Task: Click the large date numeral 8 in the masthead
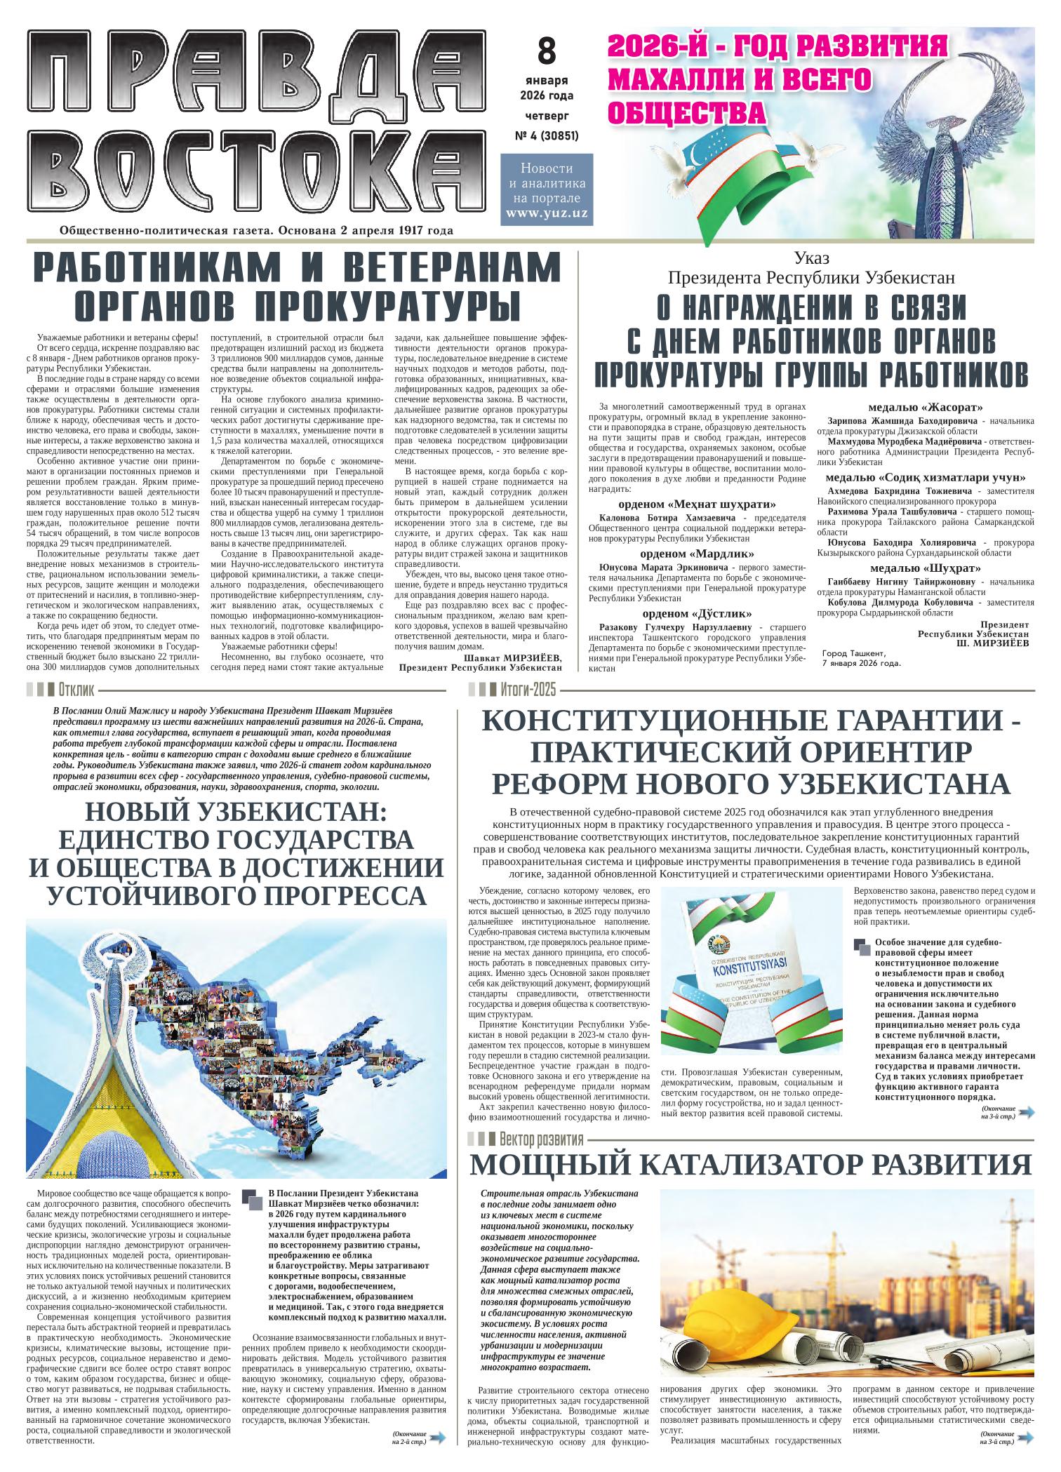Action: (x=546, y=51)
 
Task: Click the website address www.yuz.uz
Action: (x=547, y=213)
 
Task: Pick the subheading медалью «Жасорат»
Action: (x=925, y=407)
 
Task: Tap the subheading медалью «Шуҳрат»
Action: (x=925, y=568)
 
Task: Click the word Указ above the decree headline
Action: (x=811, y=259)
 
